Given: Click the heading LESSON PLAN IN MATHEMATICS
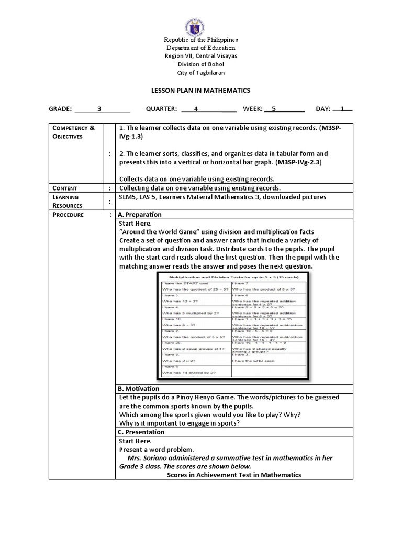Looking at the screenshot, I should (x=200, y=91).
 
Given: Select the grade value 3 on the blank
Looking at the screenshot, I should (x=99, y=109).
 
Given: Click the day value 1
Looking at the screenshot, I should (x=342, y=109).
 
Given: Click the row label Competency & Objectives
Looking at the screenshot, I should (x=73, y=132).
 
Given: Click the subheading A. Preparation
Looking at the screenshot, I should (x=140, y=215).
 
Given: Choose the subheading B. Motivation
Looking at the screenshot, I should (x=139, y=389).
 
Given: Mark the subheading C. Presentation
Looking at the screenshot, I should (x=141, y=432).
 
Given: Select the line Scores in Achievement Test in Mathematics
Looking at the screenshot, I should (x=234, y=475).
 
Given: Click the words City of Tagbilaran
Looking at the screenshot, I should (x=200, y=73).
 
